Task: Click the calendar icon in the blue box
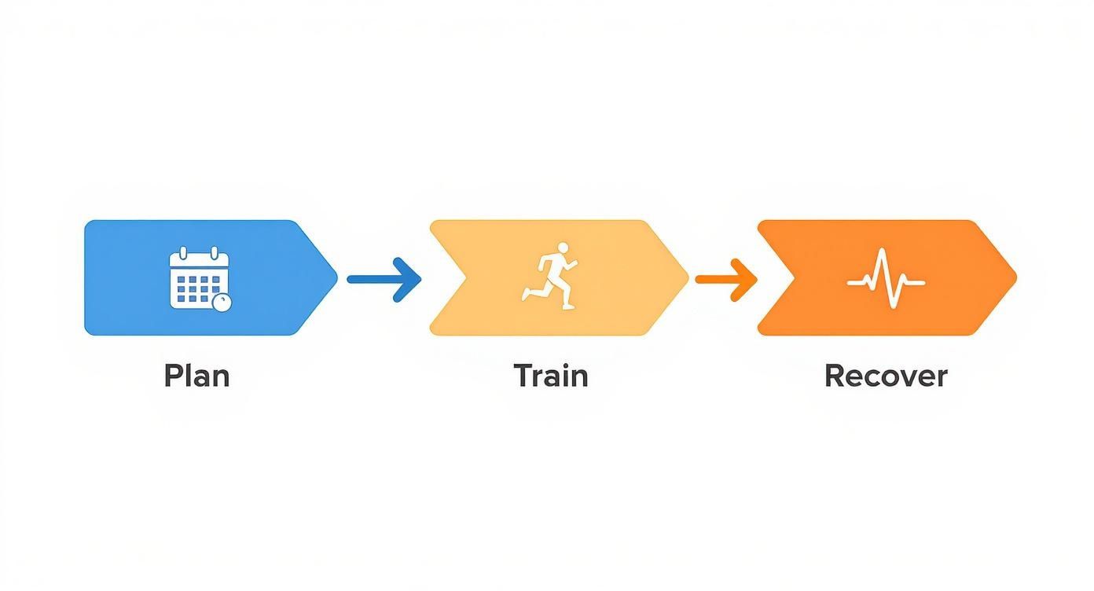click(199, 278)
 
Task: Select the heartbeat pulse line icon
click(886, 279)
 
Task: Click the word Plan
click(196, 376)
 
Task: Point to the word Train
click(551, 376)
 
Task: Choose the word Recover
click(886, 376)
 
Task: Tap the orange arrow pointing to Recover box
click(726, 278)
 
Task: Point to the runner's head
click(562, 248)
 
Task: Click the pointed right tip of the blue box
click(336, 277)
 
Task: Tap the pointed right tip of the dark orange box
click(1015, 277)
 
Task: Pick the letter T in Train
click(523, 376)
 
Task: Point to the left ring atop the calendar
click(183, 254)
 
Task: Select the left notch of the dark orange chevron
click(788, 277)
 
